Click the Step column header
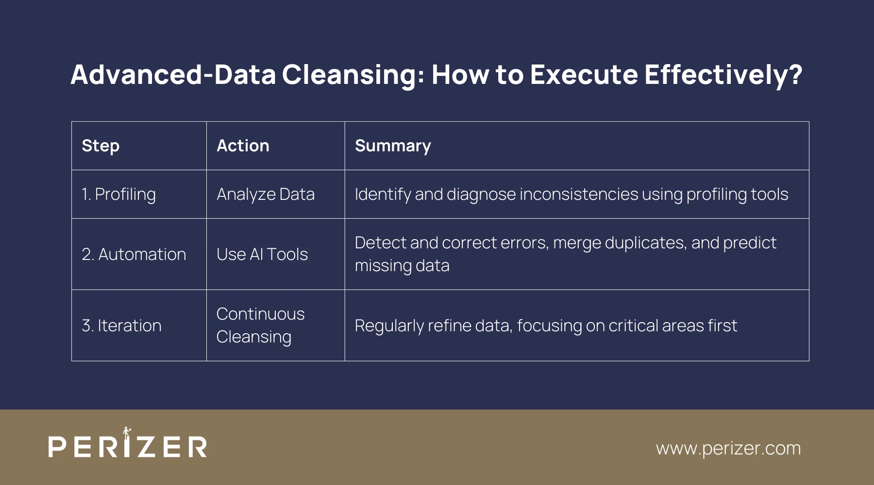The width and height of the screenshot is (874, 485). pyautogui.click(x=101, y=146)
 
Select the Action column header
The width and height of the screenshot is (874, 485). pyautogui.click(x=243, y=146)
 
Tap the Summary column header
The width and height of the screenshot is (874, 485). pyautogui.click(x=393, y=146)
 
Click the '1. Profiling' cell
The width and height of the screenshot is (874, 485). pyautogui.click(x=119, y=194)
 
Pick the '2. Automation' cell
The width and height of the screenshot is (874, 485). pyautogui.click(x=134, y=255)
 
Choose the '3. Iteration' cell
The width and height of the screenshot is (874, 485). pyautogui.click(x=122, y=326)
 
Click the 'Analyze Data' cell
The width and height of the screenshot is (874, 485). pyautogui.click(x=266, y=194)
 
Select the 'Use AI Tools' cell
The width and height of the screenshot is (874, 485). pyautogui.click(x=262, y=255)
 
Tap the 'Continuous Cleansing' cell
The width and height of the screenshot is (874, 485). pyautogui.click(x=260, y=325)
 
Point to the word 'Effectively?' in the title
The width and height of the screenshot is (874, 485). pyautogui.click(x=723, y=75)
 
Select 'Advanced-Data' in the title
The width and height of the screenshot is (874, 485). pyautogui.click(x=173, y=75)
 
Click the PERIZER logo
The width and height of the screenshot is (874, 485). pyautogui.click(x=128, y=446)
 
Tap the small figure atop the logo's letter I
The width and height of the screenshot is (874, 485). pyautogui.click(x=127, y=432)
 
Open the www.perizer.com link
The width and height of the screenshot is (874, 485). pyautogui.click(x=728, y=448)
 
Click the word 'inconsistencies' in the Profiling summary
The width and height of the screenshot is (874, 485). pyautogui.click(x=579, y=194)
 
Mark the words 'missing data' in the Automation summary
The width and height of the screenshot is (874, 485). pyautogui.click(x=402, y=266)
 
